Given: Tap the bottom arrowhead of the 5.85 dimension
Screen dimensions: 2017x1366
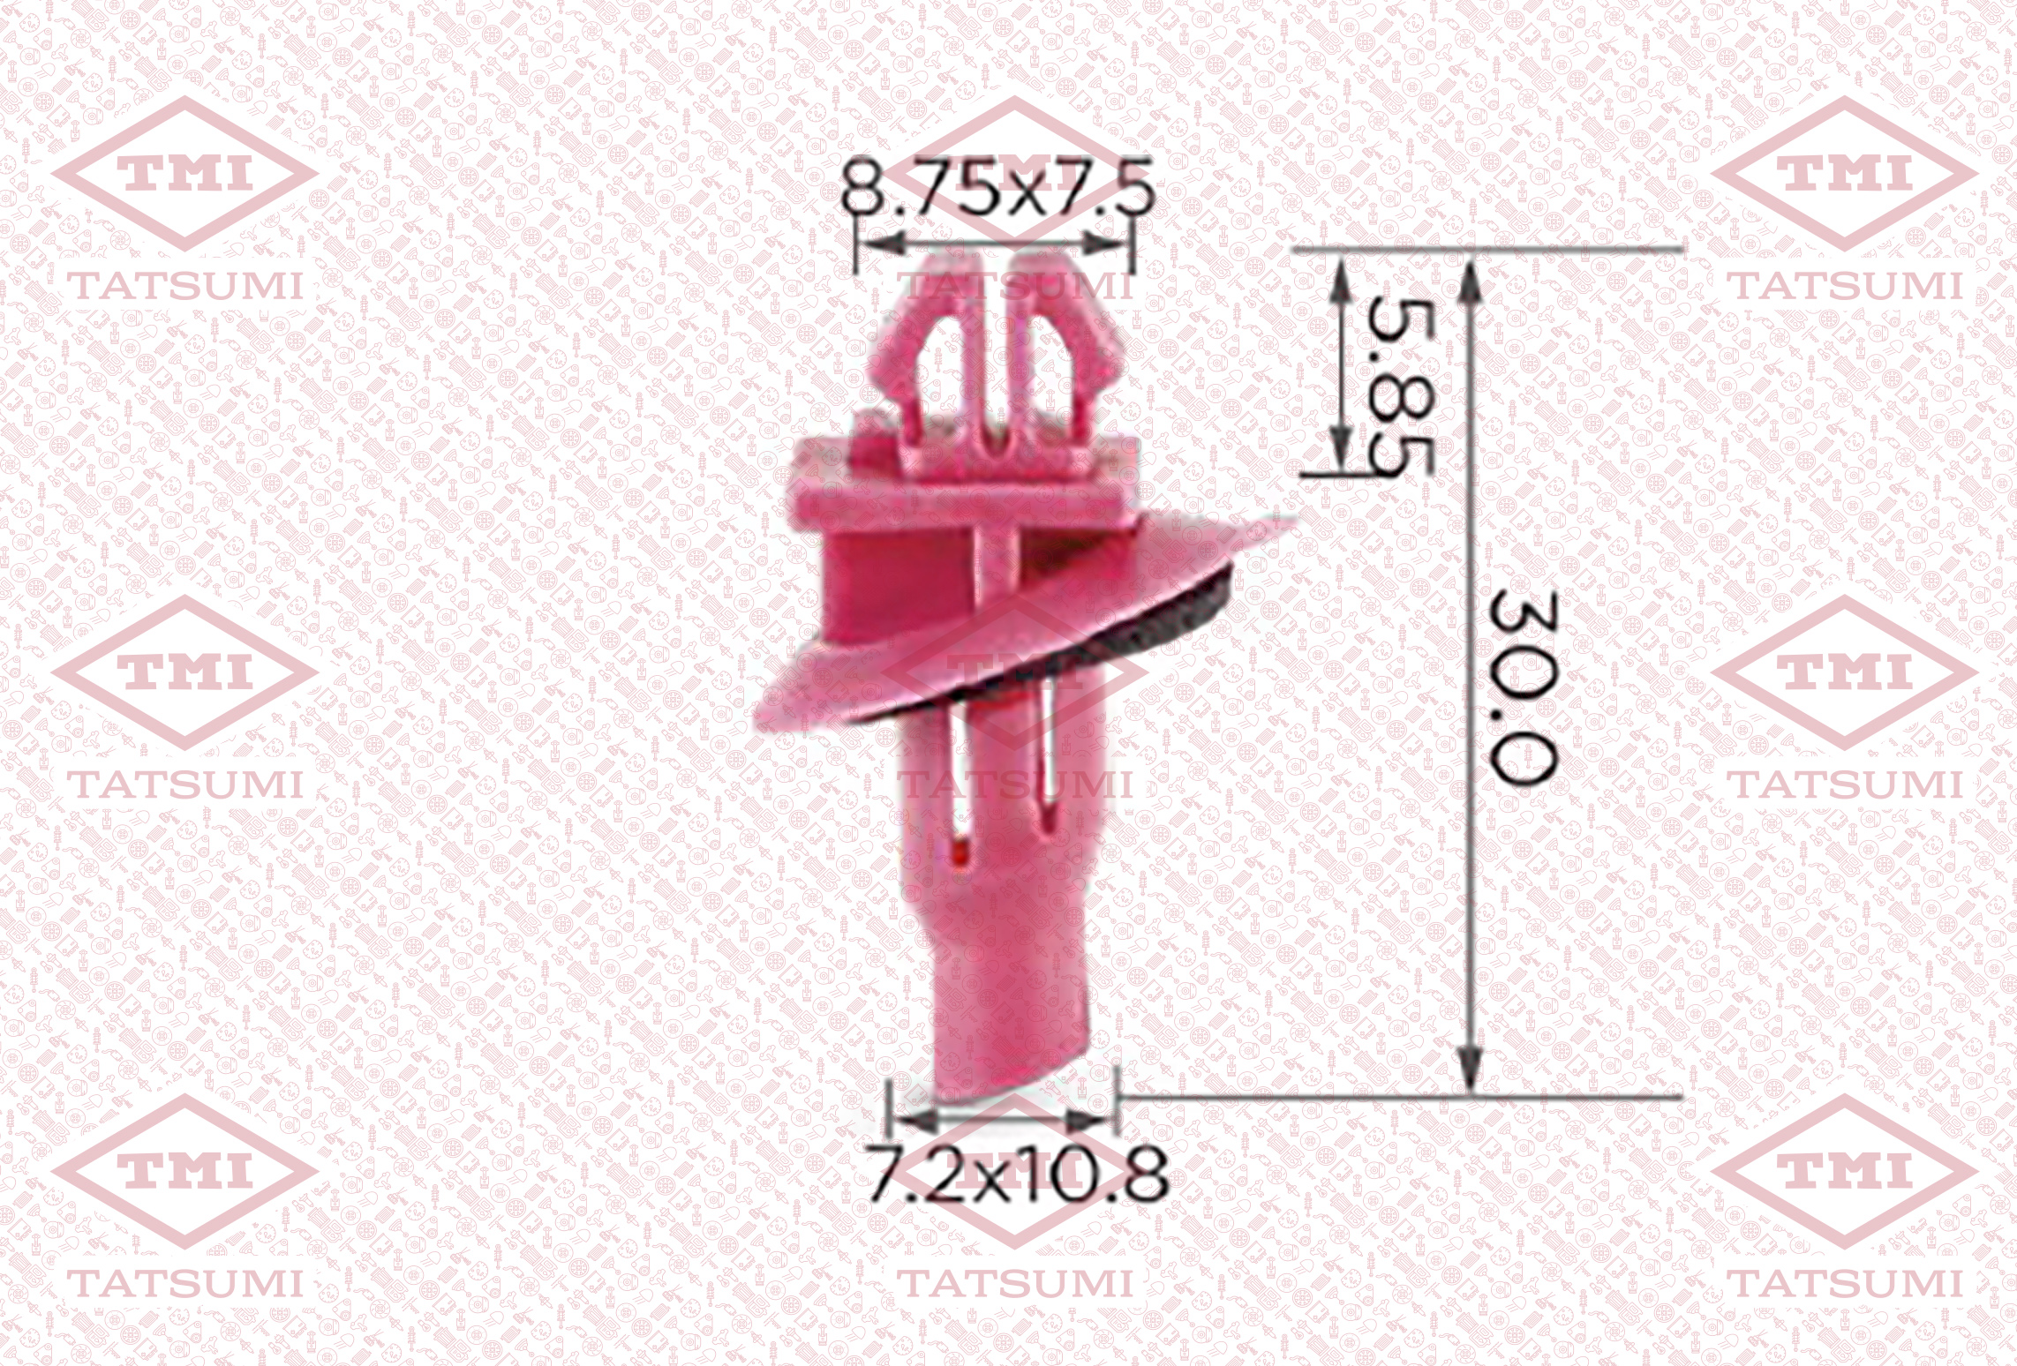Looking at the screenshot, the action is pos(1340,450).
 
